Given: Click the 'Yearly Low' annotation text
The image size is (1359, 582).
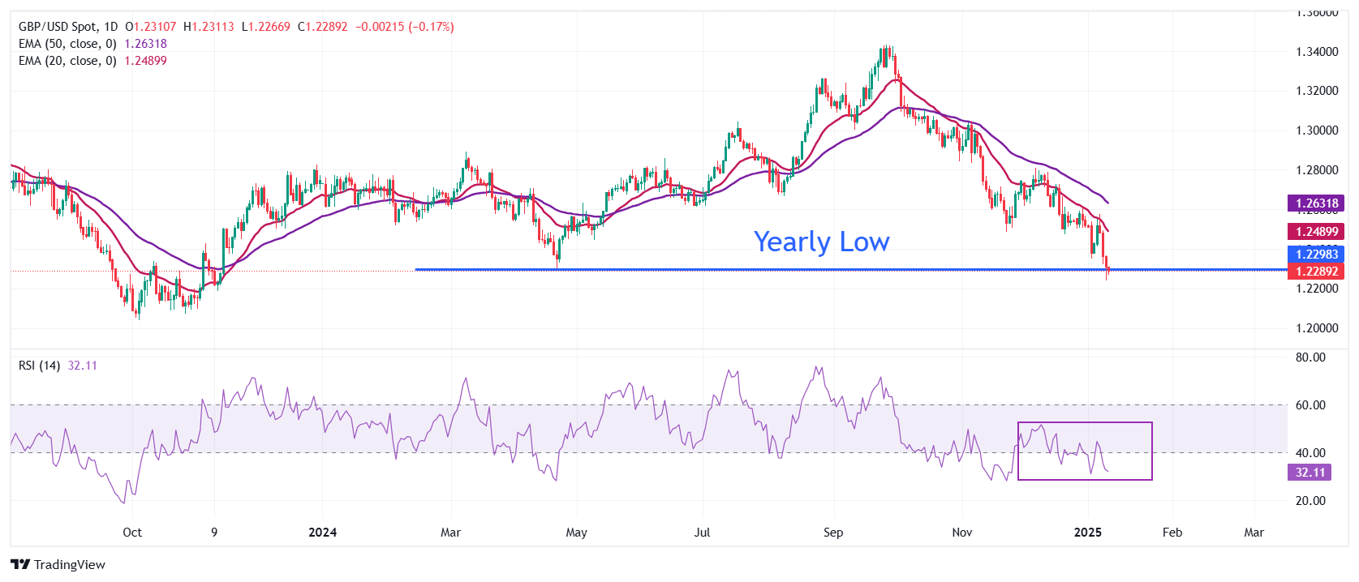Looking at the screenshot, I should coord(821,242).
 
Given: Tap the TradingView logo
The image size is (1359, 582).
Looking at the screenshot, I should coord(58,564).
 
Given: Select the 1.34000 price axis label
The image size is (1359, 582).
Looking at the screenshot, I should coord(1317,52).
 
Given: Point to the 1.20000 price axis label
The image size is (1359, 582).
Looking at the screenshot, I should coord(1317,328).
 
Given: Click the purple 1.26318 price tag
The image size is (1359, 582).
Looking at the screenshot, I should coord(1316,203).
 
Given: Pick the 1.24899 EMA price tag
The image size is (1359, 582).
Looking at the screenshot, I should coord(1316,232).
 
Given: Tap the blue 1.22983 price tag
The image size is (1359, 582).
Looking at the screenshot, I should coord(1316,255).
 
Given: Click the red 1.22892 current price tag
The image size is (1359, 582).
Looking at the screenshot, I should coord(1316,272).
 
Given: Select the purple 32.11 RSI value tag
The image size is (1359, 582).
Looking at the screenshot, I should coord(1310,473).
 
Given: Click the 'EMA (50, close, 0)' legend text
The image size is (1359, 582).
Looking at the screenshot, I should coord(67,44).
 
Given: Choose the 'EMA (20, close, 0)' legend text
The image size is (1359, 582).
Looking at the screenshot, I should coord(67,61).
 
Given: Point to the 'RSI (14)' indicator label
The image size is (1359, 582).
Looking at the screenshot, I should coord(39,366).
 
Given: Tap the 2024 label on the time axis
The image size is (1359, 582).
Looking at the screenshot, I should coord(323,533).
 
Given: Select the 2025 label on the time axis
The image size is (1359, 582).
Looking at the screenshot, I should coord(1088,533).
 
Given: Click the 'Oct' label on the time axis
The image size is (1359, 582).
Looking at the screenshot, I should coord(132,533).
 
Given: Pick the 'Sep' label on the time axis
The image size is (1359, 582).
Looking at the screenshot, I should coord(833,533).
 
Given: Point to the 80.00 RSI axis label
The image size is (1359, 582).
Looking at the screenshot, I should coord(1310,357).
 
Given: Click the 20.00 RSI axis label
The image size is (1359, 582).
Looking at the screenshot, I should coord(1310,501).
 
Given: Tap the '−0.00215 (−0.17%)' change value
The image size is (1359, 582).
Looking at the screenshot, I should coord(405,27).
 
